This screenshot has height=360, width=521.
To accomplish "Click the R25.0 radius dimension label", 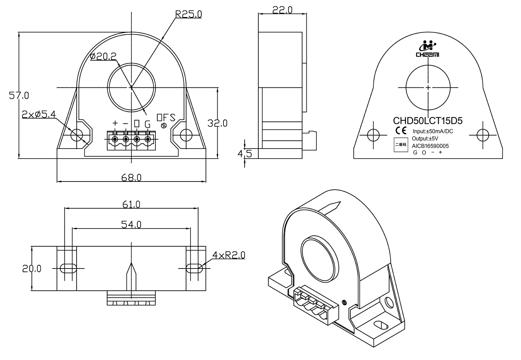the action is pyautogui.click(x=188, y=14).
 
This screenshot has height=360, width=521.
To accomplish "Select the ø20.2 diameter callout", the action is pyautogui.click(x=103, y=56).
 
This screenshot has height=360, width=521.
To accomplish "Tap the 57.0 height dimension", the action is pyautogui.click(x=19, y=96).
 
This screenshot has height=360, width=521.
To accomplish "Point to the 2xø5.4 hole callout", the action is pyautogui.click(x=39, y=114).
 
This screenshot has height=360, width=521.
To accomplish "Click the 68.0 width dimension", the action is pyautogui.click(x=131, y=178).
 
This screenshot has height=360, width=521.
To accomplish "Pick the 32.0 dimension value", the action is pyautogui.click(x=217, y=123).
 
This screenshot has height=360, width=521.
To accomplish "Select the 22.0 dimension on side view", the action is pyautogui.click(x=282, y=10).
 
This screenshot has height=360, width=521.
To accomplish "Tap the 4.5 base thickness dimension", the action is pyautogui.click(x=245, y=154).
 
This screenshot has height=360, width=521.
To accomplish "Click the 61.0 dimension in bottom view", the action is pyautogui.click(x=131, y=204).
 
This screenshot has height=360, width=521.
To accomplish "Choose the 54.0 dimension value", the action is pyautogui.click(x=131, y=224).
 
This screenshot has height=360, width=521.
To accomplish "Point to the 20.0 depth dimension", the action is pyautogui.click(x=31, y=269).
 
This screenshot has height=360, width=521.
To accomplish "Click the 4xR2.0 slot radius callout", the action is pyautogui.click(x=229, y=255).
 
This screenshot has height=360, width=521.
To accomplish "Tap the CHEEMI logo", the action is pyautogui.click(x=427, y=49).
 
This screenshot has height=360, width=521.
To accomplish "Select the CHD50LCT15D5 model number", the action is pyautogui.click(x=428, y=121).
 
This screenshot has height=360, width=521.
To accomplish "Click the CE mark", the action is pyautogui.click(x=401, y=130).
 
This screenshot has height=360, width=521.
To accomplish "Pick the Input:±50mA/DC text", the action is pyautogui.click(x=433, y=131).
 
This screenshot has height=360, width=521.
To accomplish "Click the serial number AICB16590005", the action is pyautogui.click(x=430, y=146).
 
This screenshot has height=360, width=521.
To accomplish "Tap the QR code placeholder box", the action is pyautogui.click(x=401, y=145).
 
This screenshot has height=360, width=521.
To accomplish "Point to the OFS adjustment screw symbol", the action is pyautogui.click(x=164, y=126).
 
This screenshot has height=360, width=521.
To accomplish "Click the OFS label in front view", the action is pyautogui.click(x=166, y=117).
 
